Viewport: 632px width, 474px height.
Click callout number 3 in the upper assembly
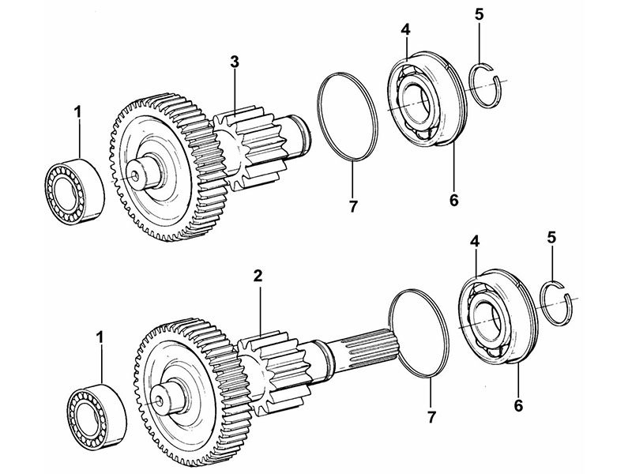coord(235,62)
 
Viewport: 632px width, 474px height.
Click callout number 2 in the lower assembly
coord(258,276)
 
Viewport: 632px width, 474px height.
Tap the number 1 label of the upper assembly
coord(77,112)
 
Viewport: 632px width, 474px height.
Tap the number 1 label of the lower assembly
coord(100,338)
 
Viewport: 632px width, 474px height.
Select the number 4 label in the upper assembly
coord(405,30)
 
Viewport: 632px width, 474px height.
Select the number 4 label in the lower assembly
coord(475,242)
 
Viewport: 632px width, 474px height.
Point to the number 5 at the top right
coord(479,14)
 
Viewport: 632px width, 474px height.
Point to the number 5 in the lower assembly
coord(551,238)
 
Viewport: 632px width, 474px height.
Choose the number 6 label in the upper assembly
coord(453,200)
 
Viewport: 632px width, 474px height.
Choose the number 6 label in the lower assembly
coord(518,405)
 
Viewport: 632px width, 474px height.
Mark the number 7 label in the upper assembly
coord(352,207)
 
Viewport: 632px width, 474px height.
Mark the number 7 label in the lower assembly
coord(431,417)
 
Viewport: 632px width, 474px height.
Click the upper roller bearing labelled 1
coord(74,191)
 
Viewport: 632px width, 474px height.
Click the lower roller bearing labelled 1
coord(96,416)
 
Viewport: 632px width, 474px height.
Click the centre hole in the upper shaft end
coord(135,175)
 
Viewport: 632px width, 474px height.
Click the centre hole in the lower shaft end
coord(160,401)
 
